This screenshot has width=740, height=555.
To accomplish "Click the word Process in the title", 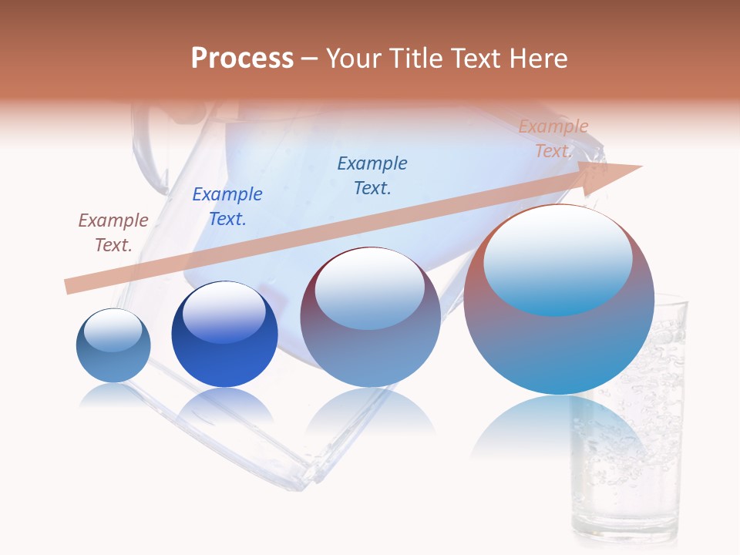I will [x=242, y=59].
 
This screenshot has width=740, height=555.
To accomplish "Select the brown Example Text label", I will [x=113, y=233].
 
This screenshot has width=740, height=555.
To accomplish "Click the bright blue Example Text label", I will [x=227, y=207].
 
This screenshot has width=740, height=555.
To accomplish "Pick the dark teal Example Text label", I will [x=372, y=176].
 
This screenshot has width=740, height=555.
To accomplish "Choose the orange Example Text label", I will [x=553, y=139].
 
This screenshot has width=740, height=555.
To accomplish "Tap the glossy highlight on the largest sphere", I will [x=558, y=262].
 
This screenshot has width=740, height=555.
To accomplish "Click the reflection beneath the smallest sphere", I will [x=113, y=395].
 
